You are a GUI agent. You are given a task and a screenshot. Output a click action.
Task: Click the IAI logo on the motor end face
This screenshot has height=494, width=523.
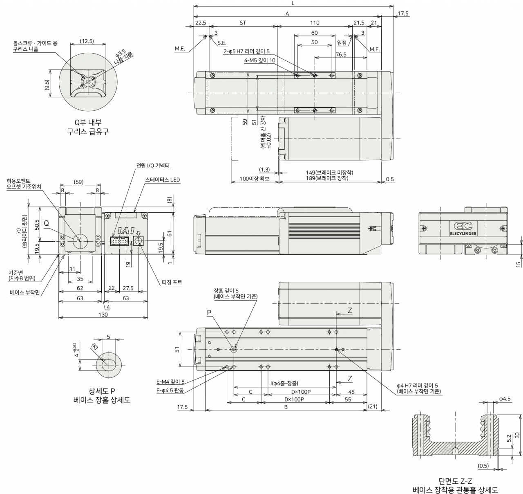(x=126, y=231)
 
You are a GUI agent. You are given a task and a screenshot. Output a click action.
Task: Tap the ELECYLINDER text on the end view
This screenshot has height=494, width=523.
(x=463, y=234)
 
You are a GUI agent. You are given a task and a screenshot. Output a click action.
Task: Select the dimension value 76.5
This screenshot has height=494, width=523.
(x=341, y=54)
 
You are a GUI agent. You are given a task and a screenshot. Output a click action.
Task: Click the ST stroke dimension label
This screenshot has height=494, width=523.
(x=243, y=23)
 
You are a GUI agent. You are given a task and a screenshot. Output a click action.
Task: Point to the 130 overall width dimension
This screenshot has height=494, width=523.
(x=103, y=314)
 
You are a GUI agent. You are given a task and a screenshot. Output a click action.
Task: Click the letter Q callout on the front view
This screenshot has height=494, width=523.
(x=46, y=224)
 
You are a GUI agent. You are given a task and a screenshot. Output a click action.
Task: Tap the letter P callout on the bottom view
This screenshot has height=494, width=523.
(x=209, y=313)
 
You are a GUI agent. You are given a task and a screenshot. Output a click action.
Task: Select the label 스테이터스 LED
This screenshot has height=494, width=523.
(x=163, y=180)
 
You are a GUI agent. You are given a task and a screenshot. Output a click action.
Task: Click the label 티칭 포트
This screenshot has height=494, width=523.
(x=172, y=282)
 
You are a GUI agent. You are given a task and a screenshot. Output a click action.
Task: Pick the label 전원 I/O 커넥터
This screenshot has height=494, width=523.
(x=153, y=166)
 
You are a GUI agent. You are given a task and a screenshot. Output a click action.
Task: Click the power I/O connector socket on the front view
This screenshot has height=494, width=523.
(x=120, y=241)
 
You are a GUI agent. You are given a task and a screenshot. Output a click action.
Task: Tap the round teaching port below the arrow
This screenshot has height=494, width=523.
(x=139, y=241)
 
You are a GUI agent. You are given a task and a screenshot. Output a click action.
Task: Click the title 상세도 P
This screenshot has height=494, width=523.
(x=102, y=391)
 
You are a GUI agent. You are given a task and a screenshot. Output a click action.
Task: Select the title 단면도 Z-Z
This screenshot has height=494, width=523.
(x=455, y=481)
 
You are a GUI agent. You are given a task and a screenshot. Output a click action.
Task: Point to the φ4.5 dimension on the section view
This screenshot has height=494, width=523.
(x=505, y=399)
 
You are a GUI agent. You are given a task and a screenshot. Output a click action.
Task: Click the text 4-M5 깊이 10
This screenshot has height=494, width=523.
(x=259, y=61)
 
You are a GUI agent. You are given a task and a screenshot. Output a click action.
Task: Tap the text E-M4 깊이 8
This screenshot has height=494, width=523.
(x=170, y=382)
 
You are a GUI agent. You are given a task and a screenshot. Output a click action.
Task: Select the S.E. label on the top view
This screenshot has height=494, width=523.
(x=222, y=43)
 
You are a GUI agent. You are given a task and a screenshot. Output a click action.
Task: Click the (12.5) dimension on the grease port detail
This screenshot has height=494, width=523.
(x=87, y=41)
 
